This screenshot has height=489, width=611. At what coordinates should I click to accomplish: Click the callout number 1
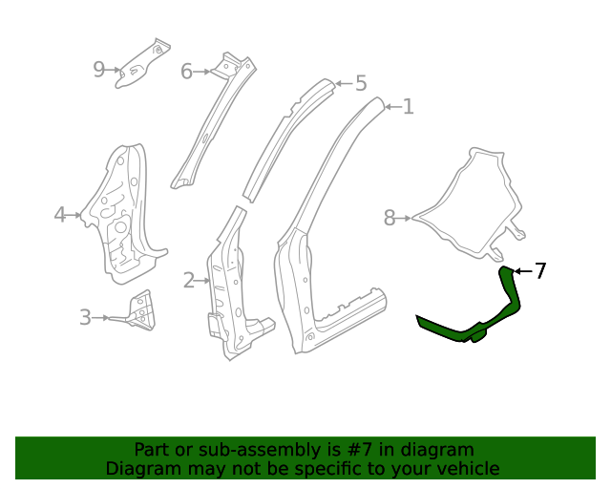408,107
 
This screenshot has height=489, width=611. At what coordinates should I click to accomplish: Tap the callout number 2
189,280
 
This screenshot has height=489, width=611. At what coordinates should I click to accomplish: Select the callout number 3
85,317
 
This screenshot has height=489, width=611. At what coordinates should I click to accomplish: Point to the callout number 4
60,215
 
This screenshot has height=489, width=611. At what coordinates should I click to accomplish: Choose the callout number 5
360,84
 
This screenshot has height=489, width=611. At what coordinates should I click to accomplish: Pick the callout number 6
187,71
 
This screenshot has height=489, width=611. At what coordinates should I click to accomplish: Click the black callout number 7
540,271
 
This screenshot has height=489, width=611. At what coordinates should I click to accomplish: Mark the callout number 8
390,219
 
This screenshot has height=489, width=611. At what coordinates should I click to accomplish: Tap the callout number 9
99,69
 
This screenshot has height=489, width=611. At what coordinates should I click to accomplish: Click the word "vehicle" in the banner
465,468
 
